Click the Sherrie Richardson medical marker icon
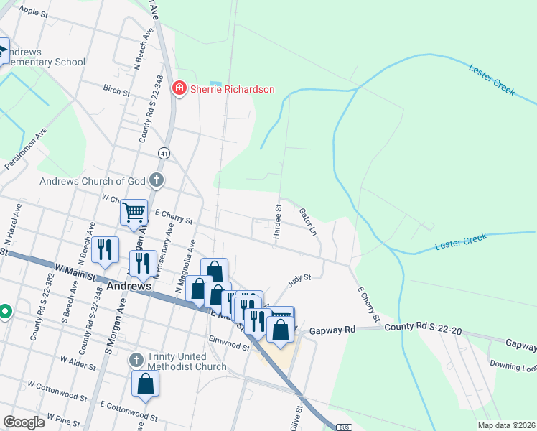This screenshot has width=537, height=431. [179, 89]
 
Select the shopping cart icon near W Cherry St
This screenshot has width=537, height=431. [134, 213]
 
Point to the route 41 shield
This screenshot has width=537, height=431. [164, 154]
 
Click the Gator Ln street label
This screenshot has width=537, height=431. [307, 222]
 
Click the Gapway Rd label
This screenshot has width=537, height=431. [332, 331]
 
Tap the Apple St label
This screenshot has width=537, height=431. [34, 11]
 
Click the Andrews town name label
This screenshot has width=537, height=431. [129, 286]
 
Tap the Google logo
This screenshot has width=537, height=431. [24, 422]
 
